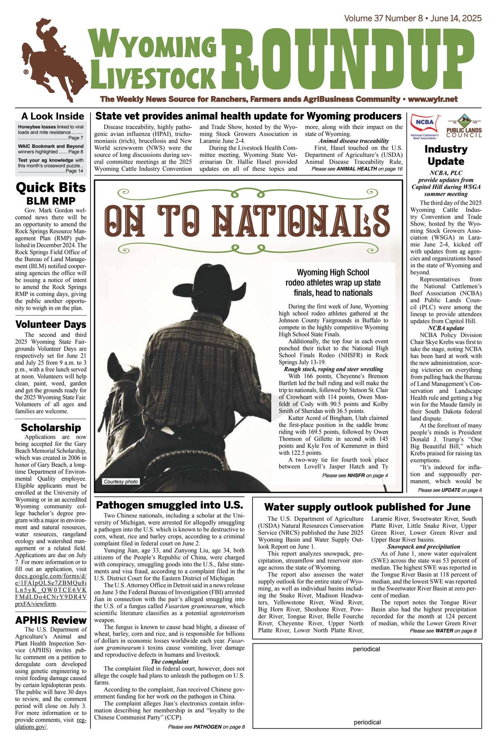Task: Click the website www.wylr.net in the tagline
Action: pyautogui.click(x=433, y=99)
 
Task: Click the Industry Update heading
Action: pyautogui.click(x=446, y=155)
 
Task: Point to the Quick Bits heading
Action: pyautogui.click(x=51, y=187)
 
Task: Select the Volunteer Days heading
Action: pyautogui.click(x=51, y=324)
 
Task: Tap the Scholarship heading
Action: pyautogui.click(x=51, y=427)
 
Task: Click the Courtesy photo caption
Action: pyautogui.click(x=121, y=482)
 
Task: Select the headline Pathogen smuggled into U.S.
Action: pyautogui.click(x=169, y=505)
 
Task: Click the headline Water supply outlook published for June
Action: pyautogui.click(x=367, y=507)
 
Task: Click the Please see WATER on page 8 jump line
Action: pyautogui.click(x=443, y=631)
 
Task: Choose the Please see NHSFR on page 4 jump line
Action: pyautogui.click(x=355, y=475)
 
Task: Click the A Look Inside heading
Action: pyautogui.click(x=53, y=116)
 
